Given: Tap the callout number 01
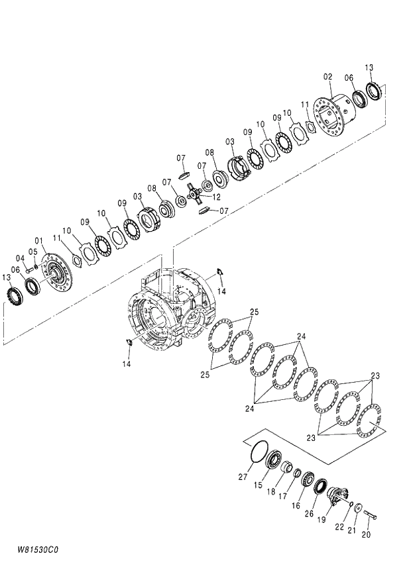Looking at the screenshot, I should click(38, 240).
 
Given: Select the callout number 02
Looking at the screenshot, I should click(327, 77).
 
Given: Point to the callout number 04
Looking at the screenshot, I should click(20, 258).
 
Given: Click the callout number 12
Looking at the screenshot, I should click(216, 197).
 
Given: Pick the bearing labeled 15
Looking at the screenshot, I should click(274, 461).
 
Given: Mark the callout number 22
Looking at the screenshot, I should click(339, 527).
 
